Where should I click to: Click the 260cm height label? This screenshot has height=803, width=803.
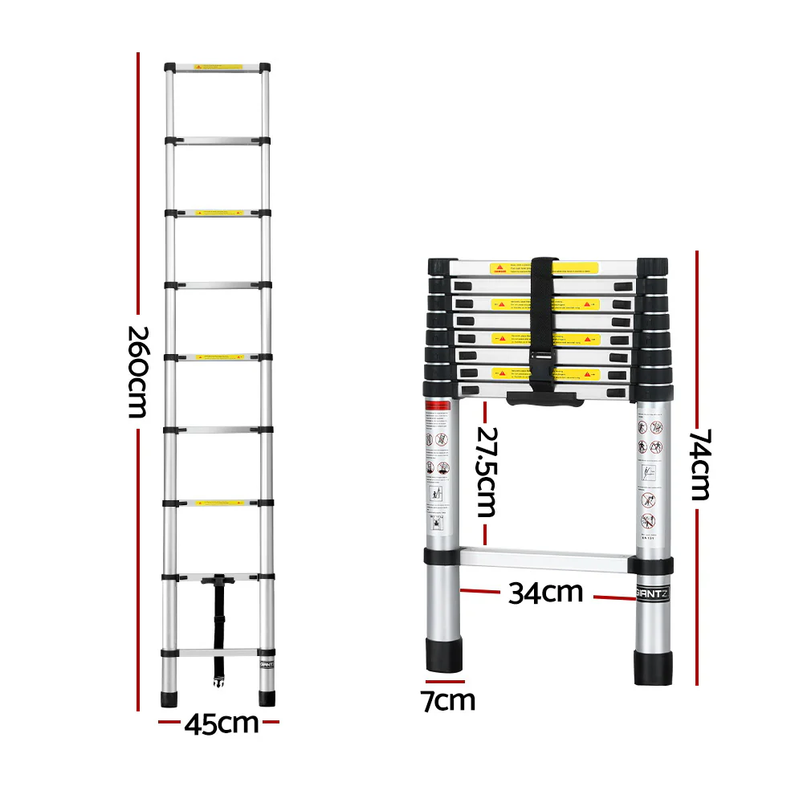click(x=138, y=372)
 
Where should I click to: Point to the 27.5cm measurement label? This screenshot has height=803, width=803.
click(x=485, y=471)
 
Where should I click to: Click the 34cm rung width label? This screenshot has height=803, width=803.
click(x=545, y=593)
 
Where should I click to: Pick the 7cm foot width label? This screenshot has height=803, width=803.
click(x=448, y=700)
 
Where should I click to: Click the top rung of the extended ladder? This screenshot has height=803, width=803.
click(x=218, y=67)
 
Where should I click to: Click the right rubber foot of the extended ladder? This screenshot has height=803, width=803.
click(x=266, y=697)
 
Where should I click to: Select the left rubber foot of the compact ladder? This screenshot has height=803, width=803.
click(x=443, y=655)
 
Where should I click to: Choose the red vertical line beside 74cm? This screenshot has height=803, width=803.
click(x=696, y=337)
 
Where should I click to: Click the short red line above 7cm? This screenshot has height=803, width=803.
click(x=445, y=682)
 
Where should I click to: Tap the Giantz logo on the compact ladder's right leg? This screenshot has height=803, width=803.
click(x=653, y=595)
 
